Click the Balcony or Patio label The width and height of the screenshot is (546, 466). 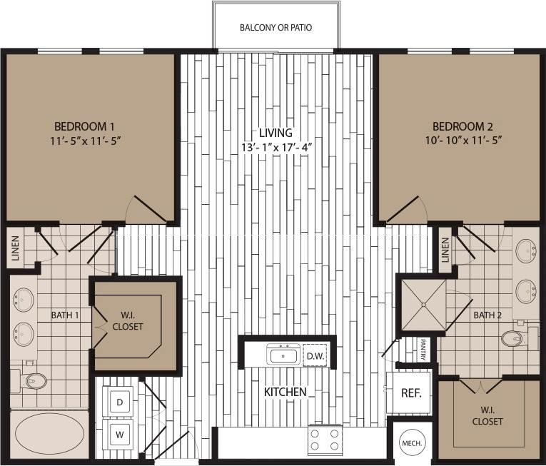point(275,28)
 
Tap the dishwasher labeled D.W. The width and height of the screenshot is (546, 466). point(314,355)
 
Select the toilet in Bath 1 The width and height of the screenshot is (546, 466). point(32,381)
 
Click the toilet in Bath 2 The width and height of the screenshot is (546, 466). point(514,338)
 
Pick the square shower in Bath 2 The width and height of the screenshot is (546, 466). point(423,305)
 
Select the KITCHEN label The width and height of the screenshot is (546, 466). point(285,392)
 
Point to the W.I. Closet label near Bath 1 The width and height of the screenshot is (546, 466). point(128,320)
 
